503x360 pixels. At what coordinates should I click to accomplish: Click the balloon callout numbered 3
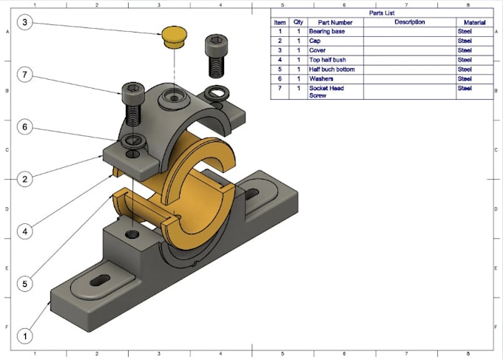[x=25, y=22]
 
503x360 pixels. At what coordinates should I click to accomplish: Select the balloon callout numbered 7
[x=25, y=75]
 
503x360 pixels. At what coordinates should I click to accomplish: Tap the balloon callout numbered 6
[x=25, y=127]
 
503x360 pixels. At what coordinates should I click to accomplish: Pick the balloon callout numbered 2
[x=25, y=179]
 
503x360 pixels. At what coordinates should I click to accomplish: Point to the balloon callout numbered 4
[x=25, y=231]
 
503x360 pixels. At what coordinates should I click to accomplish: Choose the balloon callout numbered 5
[x=25, y=283]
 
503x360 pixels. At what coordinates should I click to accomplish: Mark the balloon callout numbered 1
[x=25, y=336]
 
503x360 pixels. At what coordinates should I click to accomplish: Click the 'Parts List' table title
[x=382, y=13]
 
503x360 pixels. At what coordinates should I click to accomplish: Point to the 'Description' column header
[x=409, y=22]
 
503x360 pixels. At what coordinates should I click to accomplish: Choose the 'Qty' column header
[x=298, y=22]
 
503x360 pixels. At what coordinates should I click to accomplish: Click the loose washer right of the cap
[x=218, y=93]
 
